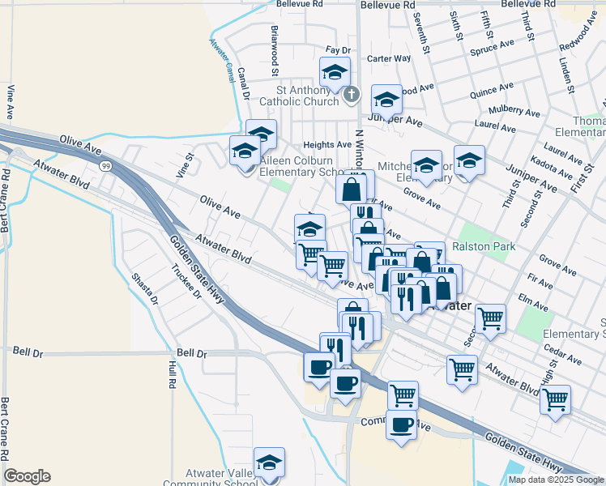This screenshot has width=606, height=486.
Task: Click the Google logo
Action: (x=27, y=476)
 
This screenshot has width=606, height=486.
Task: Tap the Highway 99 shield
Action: (x=107, y=165)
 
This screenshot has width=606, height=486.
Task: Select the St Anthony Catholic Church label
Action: (x=299, y=96)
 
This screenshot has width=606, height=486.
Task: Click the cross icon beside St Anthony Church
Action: (x=351, y=96)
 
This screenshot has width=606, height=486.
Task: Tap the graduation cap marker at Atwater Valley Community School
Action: (x=270, y=463)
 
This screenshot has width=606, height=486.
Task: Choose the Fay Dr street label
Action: (x=337, y=50)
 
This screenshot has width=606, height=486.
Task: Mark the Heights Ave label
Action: (x=327, y=145)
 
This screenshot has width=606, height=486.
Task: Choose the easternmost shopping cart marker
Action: (x=555, y=399)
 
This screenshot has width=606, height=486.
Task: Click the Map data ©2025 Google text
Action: (x=556, y=480)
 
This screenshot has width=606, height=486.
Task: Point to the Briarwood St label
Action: (x=275, y=45)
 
